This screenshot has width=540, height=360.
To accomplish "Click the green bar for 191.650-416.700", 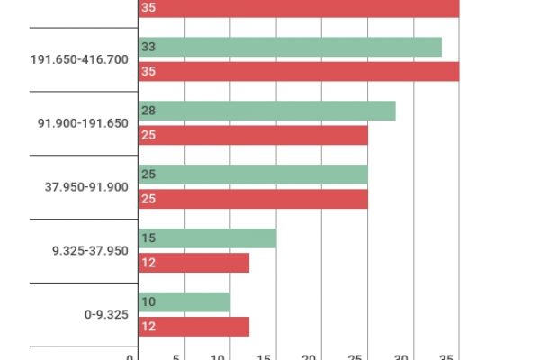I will click(290, 47).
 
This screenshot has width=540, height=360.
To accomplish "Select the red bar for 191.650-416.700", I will click(299, 71).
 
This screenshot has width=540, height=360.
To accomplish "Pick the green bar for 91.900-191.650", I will click(267, 111).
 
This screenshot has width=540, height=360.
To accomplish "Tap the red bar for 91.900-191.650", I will click(253, 135).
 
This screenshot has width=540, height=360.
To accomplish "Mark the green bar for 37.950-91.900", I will click(253, 175).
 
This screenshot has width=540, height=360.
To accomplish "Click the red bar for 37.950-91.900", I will click(253, 199).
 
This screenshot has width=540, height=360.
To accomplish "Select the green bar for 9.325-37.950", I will click(207, 238).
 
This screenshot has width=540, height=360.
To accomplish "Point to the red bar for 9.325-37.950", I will click(193, 263).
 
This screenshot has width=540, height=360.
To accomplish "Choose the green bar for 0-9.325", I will click(184, 302).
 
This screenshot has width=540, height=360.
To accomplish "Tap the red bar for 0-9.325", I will click(193, 327).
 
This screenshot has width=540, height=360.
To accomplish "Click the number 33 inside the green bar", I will click(148, 47).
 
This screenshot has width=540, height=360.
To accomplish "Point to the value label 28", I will click(148, 111).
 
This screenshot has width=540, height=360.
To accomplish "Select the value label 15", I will click(148, 238).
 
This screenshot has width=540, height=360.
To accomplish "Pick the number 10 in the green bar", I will click(148, 302).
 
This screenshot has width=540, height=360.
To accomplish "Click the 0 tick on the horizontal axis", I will click(130, 357).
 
